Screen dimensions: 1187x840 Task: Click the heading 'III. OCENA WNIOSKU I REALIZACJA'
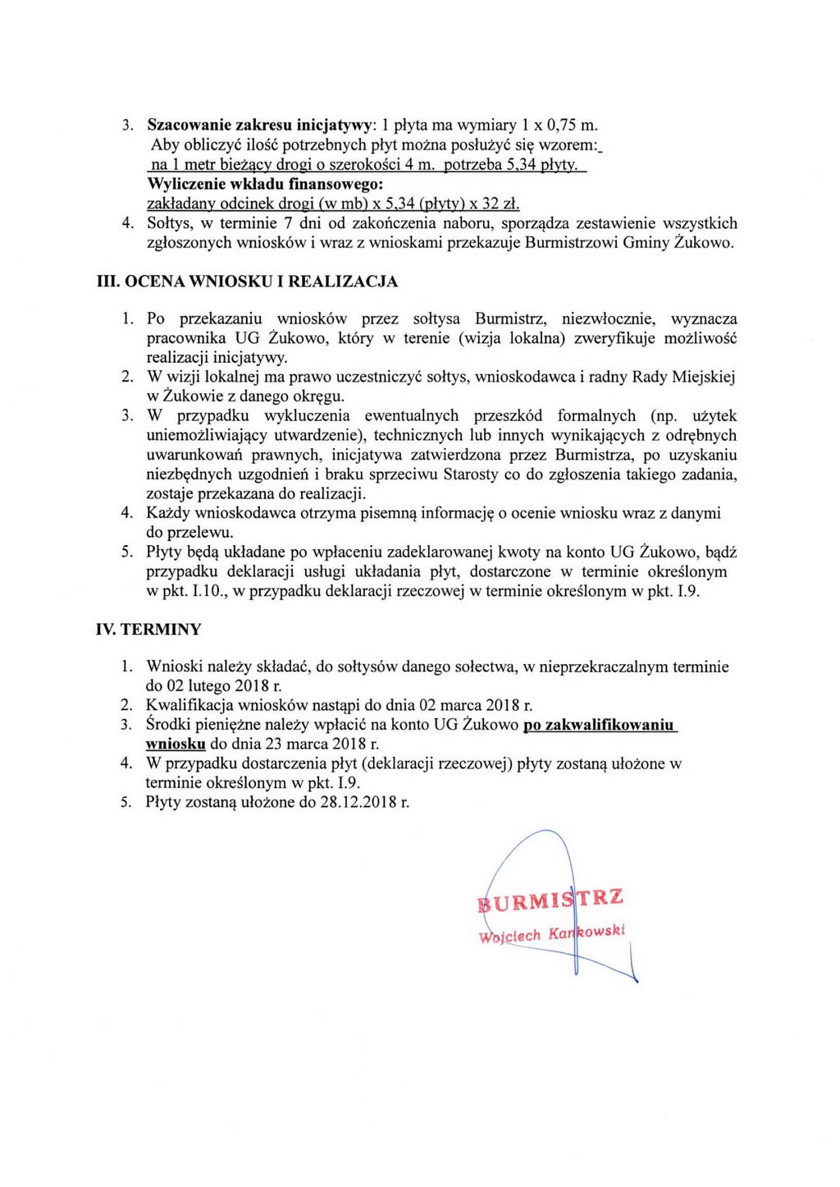(x=247, y=282)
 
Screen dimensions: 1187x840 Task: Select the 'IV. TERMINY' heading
(x=148, y=630)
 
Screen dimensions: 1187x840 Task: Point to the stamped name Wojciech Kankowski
(x=552, y=934)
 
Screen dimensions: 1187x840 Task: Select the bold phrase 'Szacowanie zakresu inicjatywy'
(x=259, y=126)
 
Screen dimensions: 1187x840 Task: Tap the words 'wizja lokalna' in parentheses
(x=513, y=338)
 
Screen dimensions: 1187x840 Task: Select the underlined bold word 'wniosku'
(x=175, y=745)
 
